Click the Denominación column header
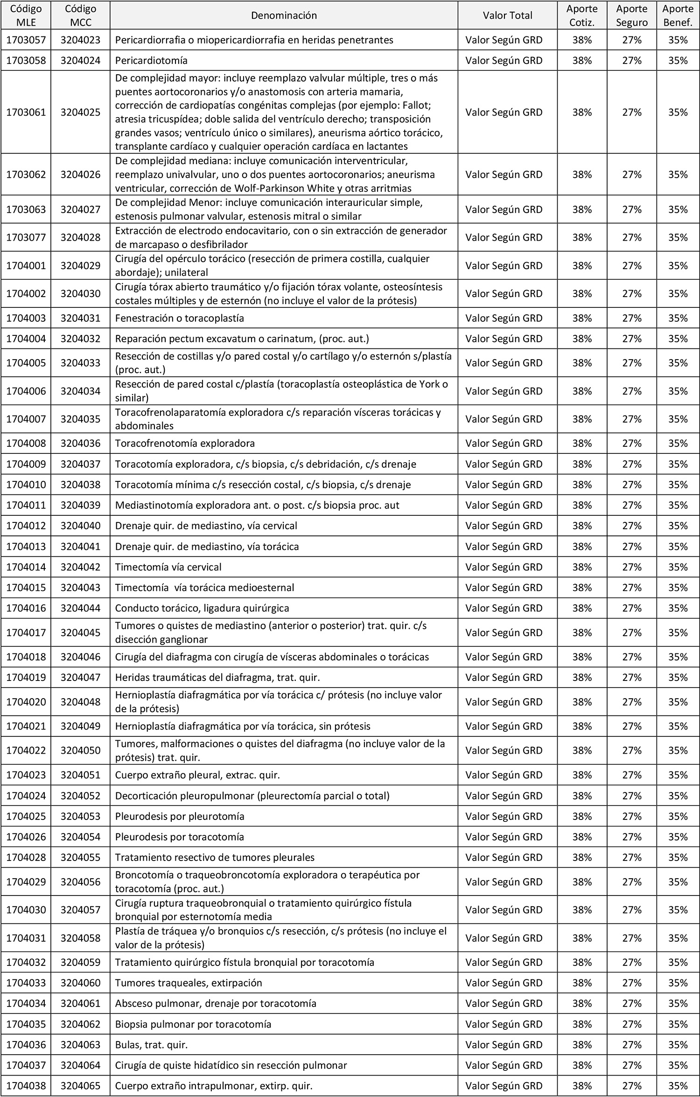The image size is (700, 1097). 284,15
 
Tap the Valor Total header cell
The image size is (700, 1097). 507,15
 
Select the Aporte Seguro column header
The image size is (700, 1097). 631,15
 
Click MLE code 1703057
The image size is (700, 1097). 26,40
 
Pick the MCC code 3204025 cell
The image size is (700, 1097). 80,112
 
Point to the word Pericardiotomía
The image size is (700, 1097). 151,61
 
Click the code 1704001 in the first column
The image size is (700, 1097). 26,265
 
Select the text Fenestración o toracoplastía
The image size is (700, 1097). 180,318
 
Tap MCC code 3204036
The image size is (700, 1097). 80,443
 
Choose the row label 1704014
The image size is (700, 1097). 26,567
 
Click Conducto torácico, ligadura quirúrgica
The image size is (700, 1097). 202,608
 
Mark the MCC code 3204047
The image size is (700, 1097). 80,677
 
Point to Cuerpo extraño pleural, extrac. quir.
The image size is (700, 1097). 197,775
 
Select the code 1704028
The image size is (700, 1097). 26,857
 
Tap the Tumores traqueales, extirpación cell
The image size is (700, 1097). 189,983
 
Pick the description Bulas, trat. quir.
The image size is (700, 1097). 151,1044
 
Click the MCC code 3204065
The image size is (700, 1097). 80,1086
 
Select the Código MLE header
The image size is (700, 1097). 26,15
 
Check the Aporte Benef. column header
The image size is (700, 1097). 678,15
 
